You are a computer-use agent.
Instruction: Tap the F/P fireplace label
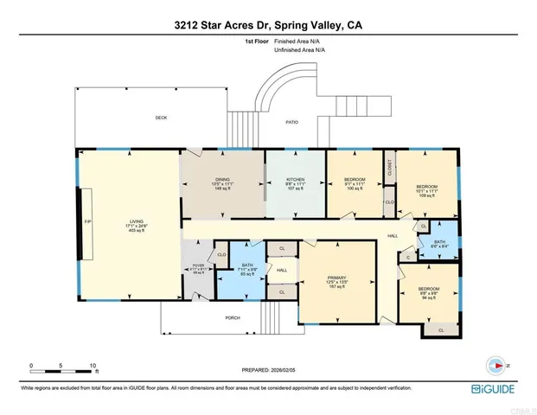75,220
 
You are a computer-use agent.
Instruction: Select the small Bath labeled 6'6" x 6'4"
439,243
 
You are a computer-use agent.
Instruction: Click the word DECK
160,118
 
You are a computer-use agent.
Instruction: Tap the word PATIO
292,123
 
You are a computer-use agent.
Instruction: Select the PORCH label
233,317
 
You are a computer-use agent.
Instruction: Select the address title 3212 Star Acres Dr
268,26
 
